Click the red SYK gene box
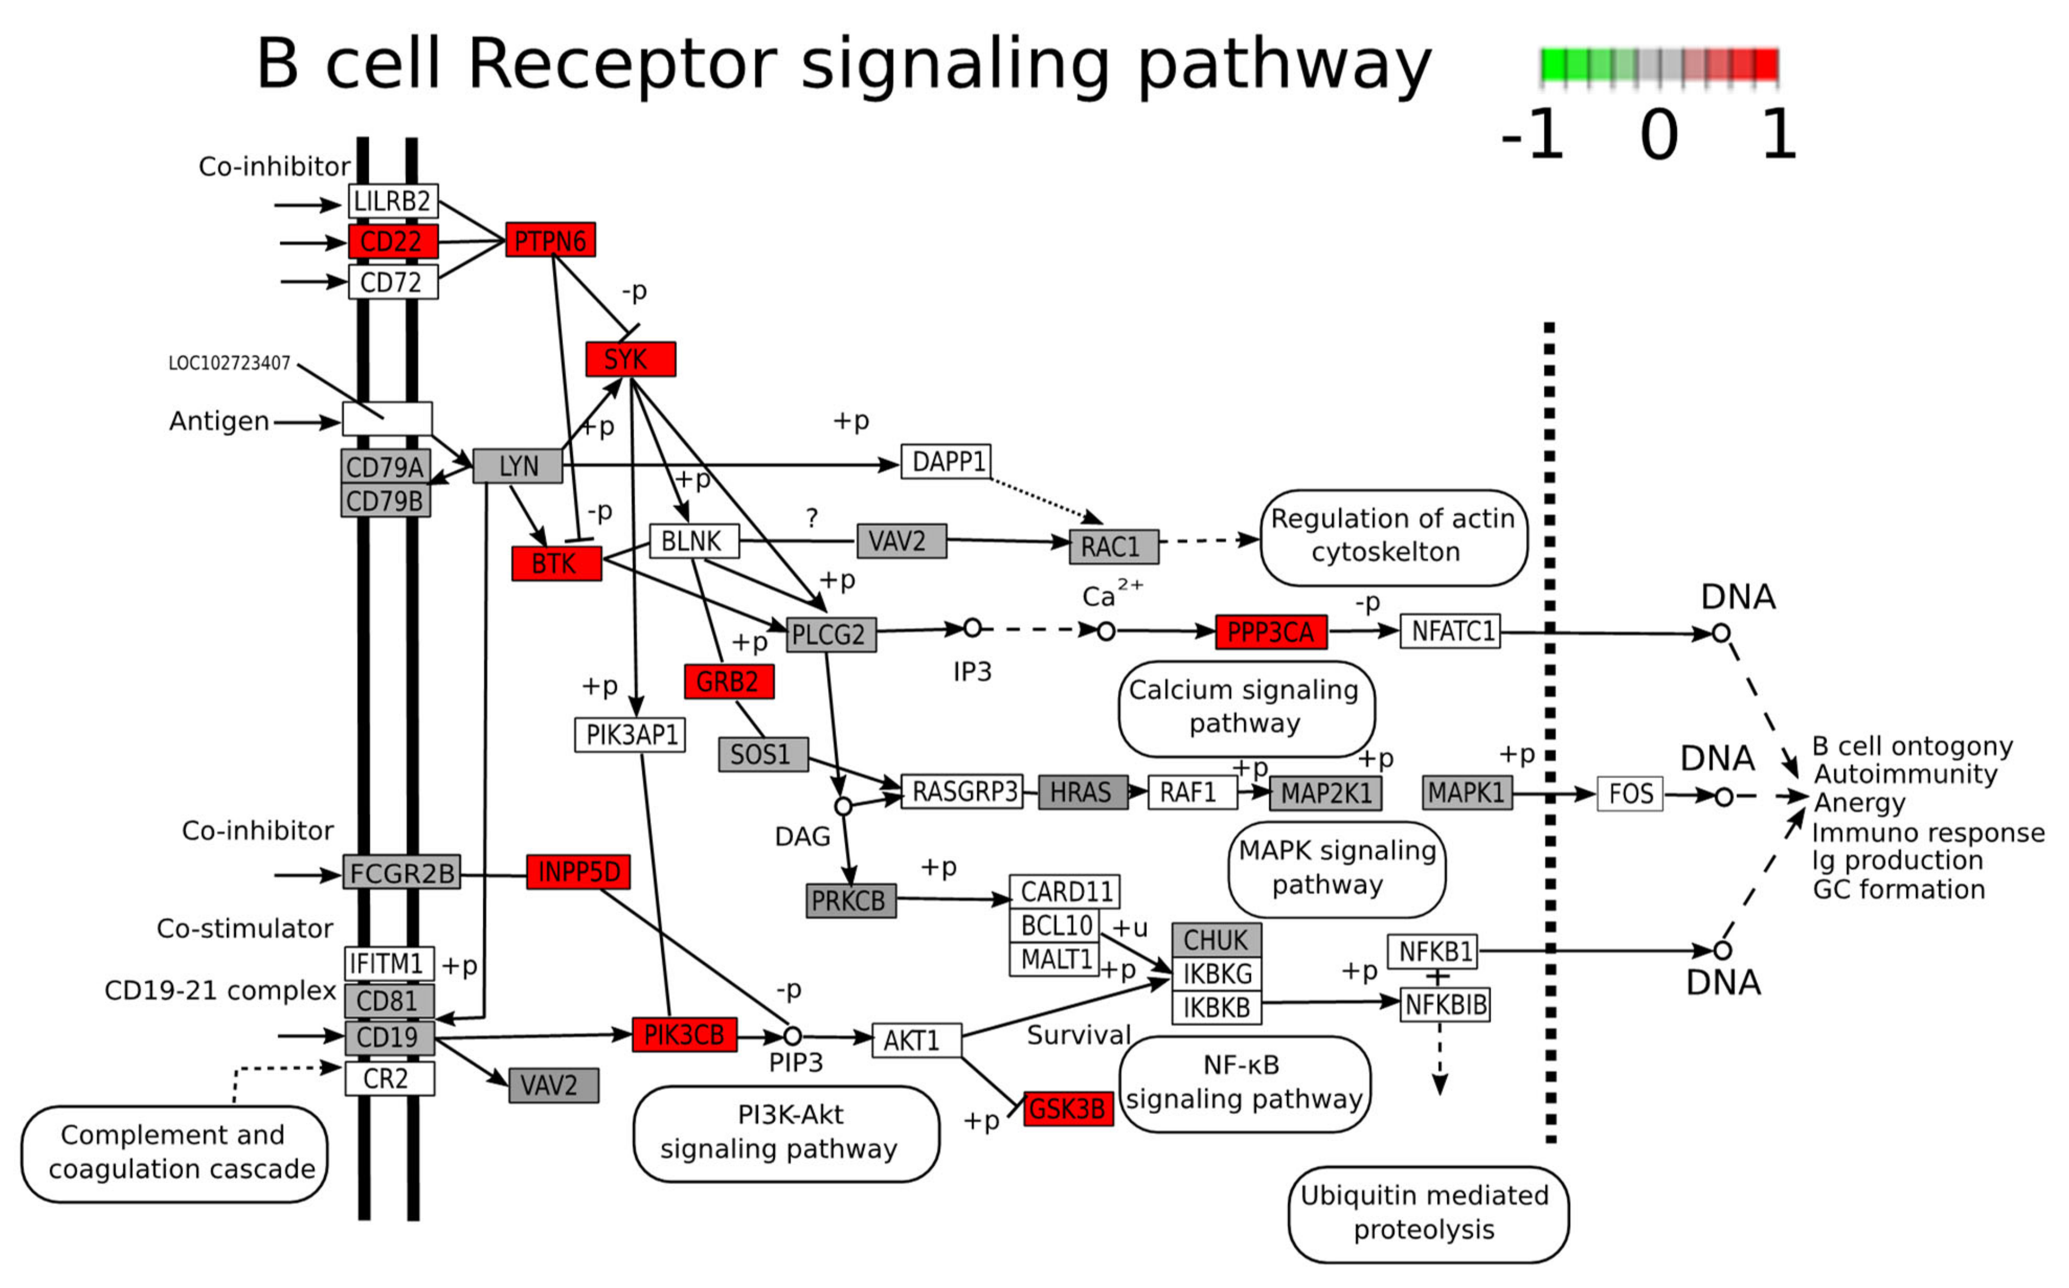pos(630,359)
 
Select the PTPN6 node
pos(550,240)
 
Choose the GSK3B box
pos(1068,1108)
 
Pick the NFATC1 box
pos(1450,631)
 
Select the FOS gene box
pos(1630,794)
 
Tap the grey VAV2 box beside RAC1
pos(901,541)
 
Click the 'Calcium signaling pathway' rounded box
pos(1245,707)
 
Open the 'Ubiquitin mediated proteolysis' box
pos(1428,1213)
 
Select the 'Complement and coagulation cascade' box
pos(175,1152)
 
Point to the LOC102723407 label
pos(229,364)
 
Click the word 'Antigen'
pos(219,422)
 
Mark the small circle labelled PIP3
pos(792,1036)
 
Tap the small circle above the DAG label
pos(843,806)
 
